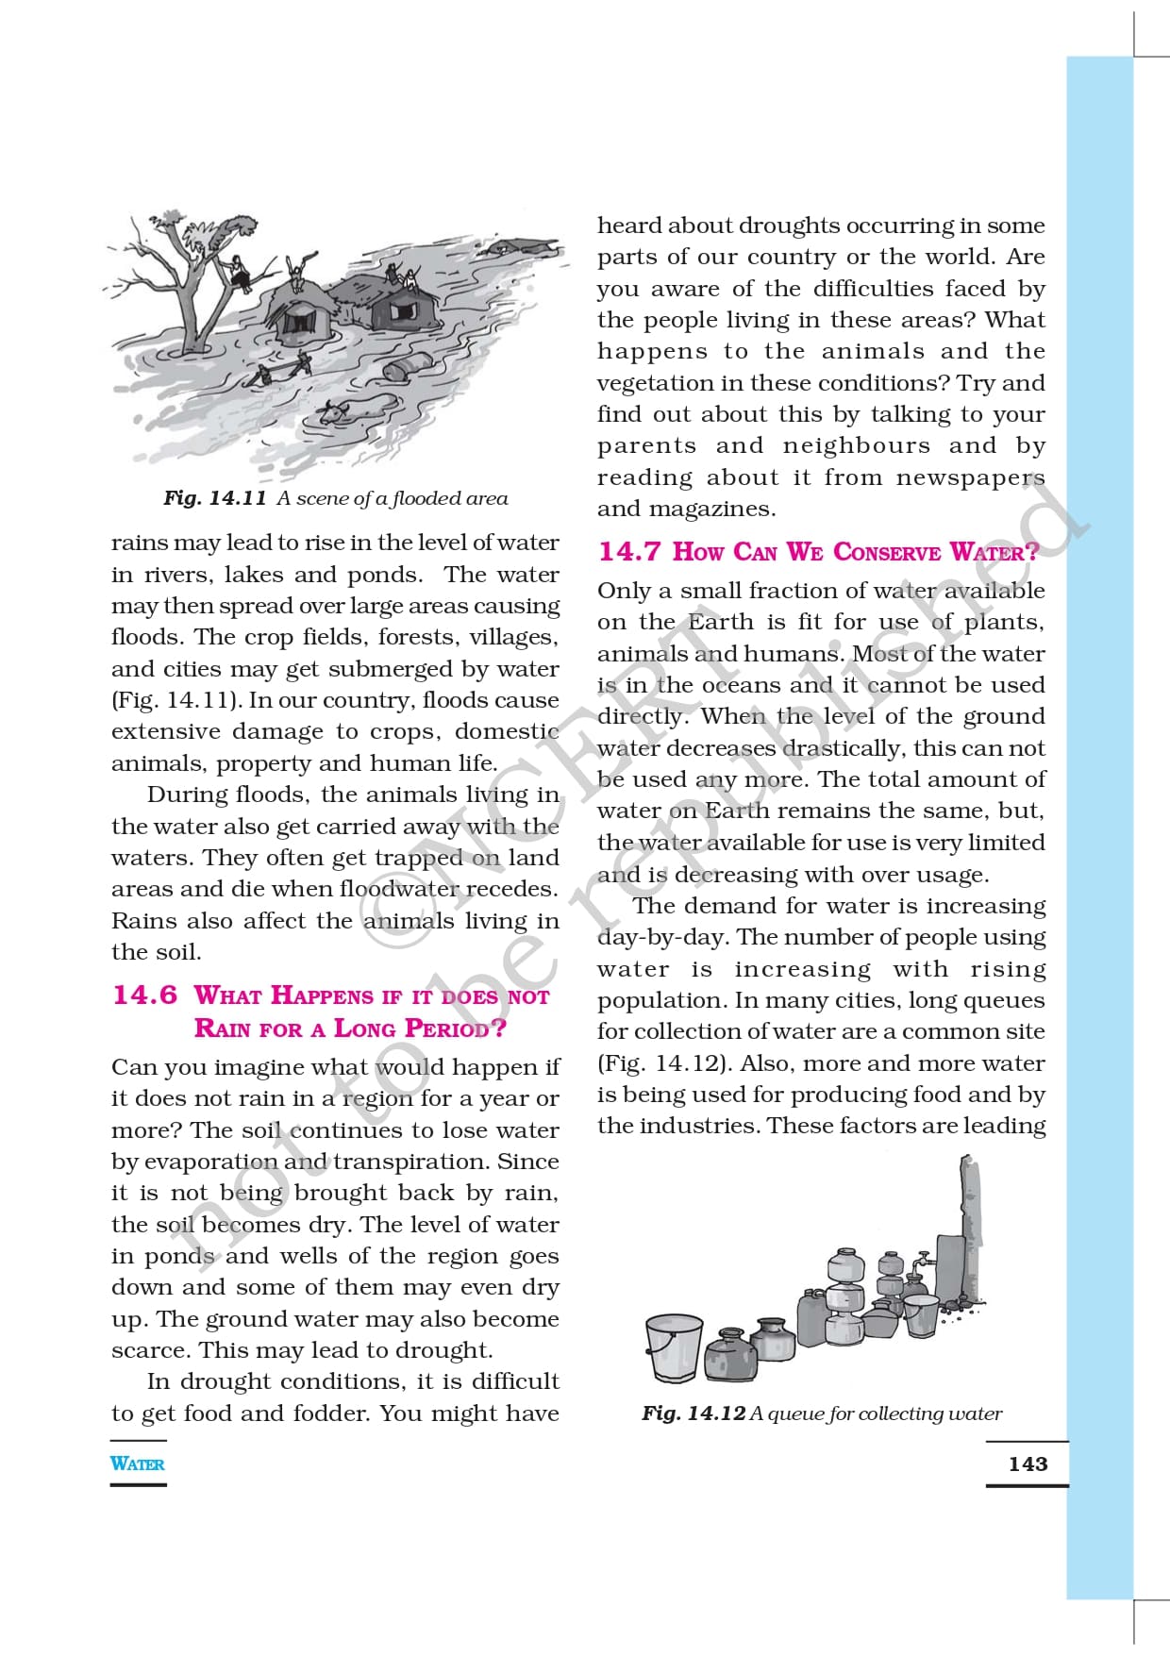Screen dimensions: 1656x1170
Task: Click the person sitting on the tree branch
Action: [x=240, y=275]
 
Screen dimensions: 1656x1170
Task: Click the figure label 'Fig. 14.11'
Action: [x=214, y=498]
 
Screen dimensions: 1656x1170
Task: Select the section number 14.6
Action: [x=144, y=995]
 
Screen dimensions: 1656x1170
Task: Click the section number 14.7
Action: [x=629, y=551]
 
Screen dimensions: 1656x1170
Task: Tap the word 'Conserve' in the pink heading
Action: [x=887, y=551]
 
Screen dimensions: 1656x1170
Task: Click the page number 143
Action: [x=1028, y=1464]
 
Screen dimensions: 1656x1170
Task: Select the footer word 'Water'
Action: [x=137, y=1464]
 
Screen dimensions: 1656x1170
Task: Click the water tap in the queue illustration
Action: [x=922, y=1262]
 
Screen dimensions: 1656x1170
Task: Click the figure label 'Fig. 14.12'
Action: [x=694, y=1413]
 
